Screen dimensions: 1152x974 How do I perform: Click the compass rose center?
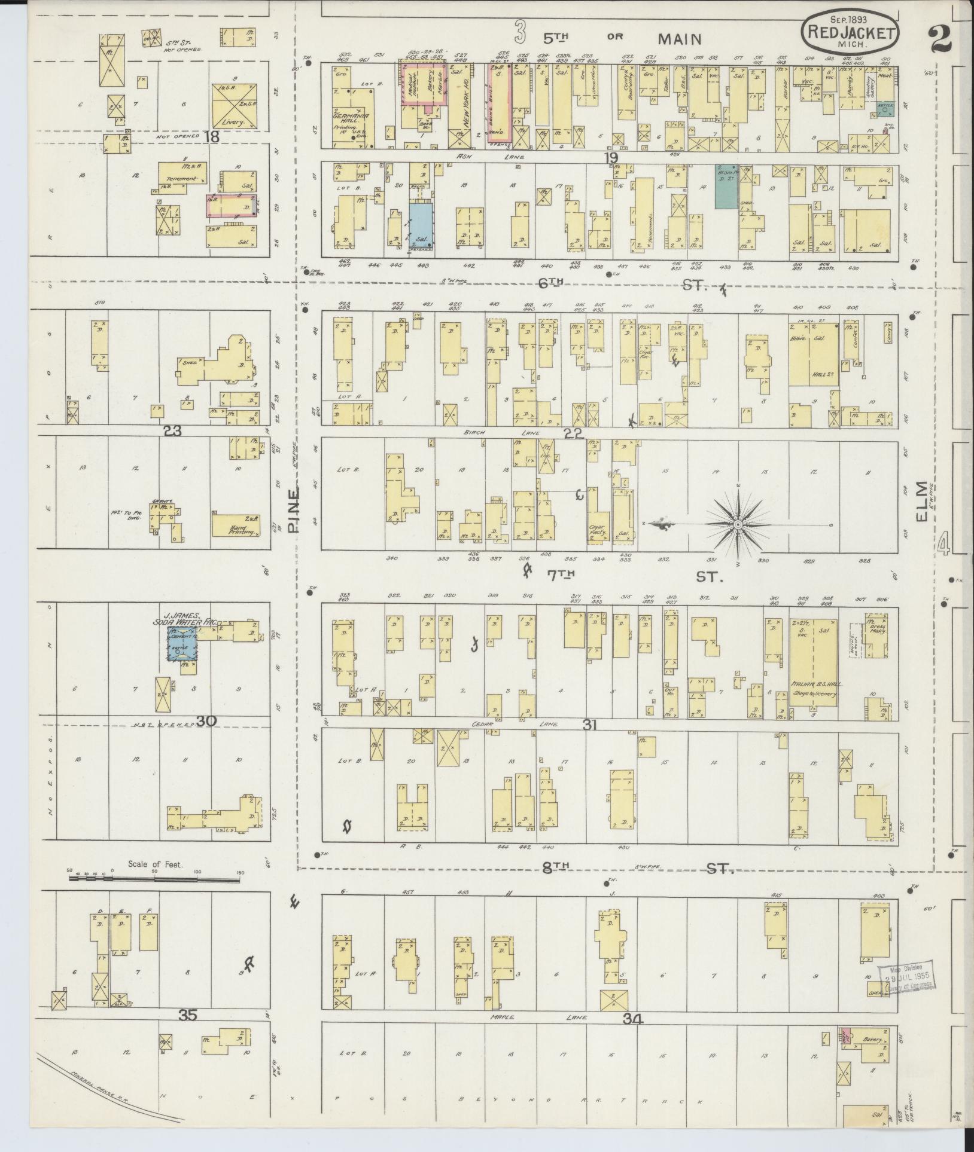tap(738, 524)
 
